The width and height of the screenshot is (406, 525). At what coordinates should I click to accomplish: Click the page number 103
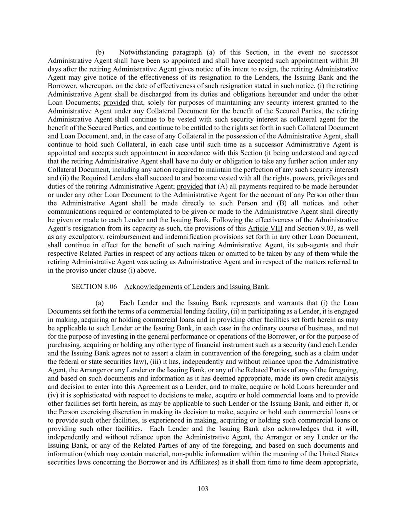[203, 489]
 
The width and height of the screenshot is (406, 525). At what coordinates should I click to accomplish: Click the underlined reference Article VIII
[265, 228]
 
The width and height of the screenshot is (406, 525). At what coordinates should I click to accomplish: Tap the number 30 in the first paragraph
[355, 61]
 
